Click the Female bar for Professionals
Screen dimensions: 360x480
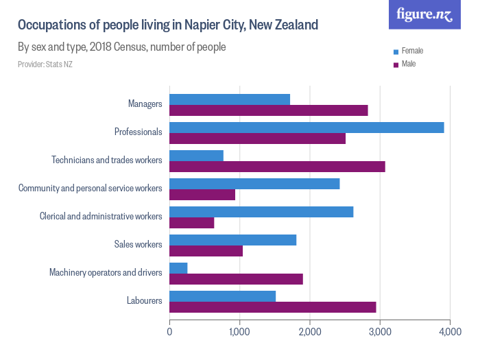coord(307,128)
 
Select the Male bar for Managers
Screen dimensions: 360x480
coord(268,110)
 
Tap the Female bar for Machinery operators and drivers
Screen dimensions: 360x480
coord(178,267)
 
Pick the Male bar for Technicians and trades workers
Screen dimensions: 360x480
coord(277,167)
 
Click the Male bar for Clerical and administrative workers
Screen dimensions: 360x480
coord(191,223)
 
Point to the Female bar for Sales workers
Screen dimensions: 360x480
coord(232,240)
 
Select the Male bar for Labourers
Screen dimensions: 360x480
coord(272,307)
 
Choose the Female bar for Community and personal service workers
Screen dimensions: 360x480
coord(254,184)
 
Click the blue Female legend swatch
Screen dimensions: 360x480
coord(396,51)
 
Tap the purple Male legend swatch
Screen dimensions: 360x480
coord(396,64)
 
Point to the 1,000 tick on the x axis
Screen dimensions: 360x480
coord(239,331)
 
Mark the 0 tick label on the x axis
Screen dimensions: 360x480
coord(169,331)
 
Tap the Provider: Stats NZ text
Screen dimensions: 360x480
coord(45,64)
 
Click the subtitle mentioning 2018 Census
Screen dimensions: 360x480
coord(121,47)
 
